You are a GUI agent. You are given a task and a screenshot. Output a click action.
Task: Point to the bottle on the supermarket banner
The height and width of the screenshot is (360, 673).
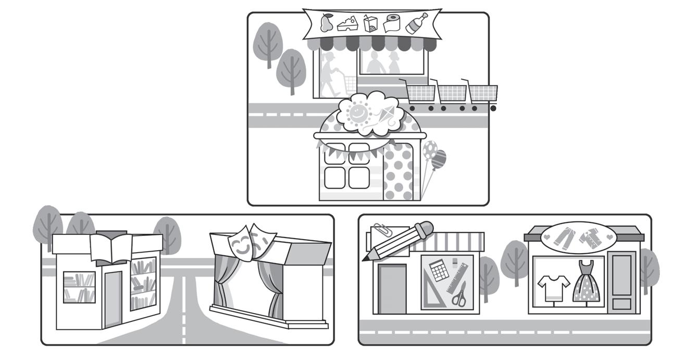(x=416, y=23)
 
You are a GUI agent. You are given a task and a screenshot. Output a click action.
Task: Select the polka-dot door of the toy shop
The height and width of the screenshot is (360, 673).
(x=398, y=172)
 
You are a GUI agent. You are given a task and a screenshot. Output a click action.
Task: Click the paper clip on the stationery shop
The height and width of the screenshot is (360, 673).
(x=380, y=230)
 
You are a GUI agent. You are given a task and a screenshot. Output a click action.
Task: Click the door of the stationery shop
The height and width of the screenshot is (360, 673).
(x=392, y=289)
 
